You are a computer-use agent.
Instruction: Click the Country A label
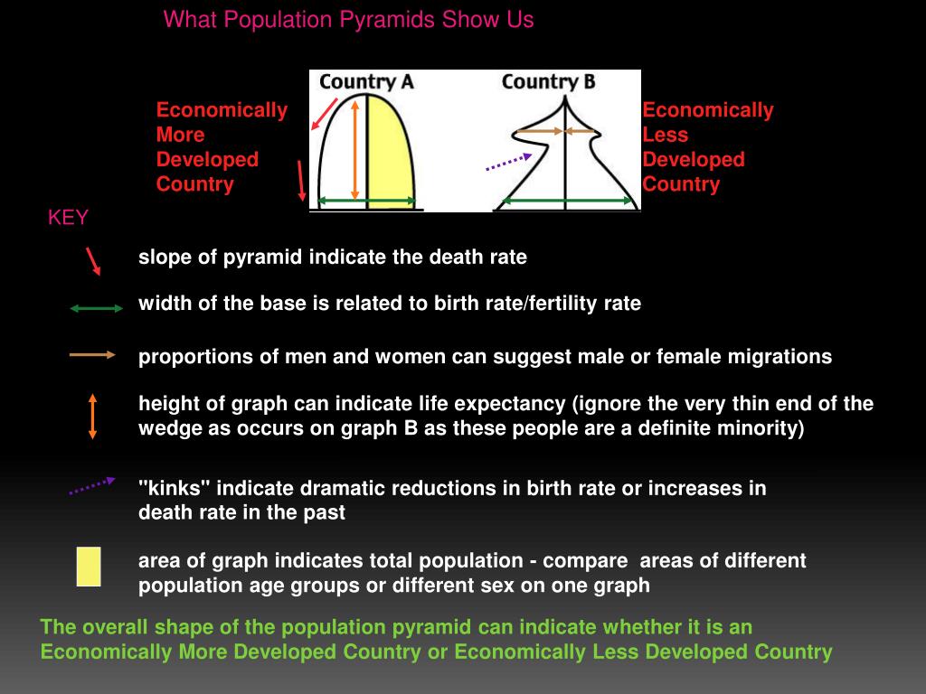366,82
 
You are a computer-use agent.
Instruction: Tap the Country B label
548,82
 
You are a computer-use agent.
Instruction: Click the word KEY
68,218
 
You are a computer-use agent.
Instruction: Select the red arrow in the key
93,260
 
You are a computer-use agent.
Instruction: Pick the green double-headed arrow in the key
97,308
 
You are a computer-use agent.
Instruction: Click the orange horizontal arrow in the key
92,355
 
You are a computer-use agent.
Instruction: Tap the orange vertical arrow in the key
92,416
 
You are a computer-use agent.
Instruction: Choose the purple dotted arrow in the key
92,486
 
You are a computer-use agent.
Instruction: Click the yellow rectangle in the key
89,567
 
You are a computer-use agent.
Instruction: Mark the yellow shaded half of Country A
391,154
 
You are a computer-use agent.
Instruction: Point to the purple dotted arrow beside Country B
508,163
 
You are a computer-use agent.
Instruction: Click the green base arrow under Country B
567,201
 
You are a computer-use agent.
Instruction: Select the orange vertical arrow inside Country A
354,149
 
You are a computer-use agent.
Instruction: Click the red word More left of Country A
180,135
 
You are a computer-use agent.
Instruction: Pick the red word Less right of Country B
665,135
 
